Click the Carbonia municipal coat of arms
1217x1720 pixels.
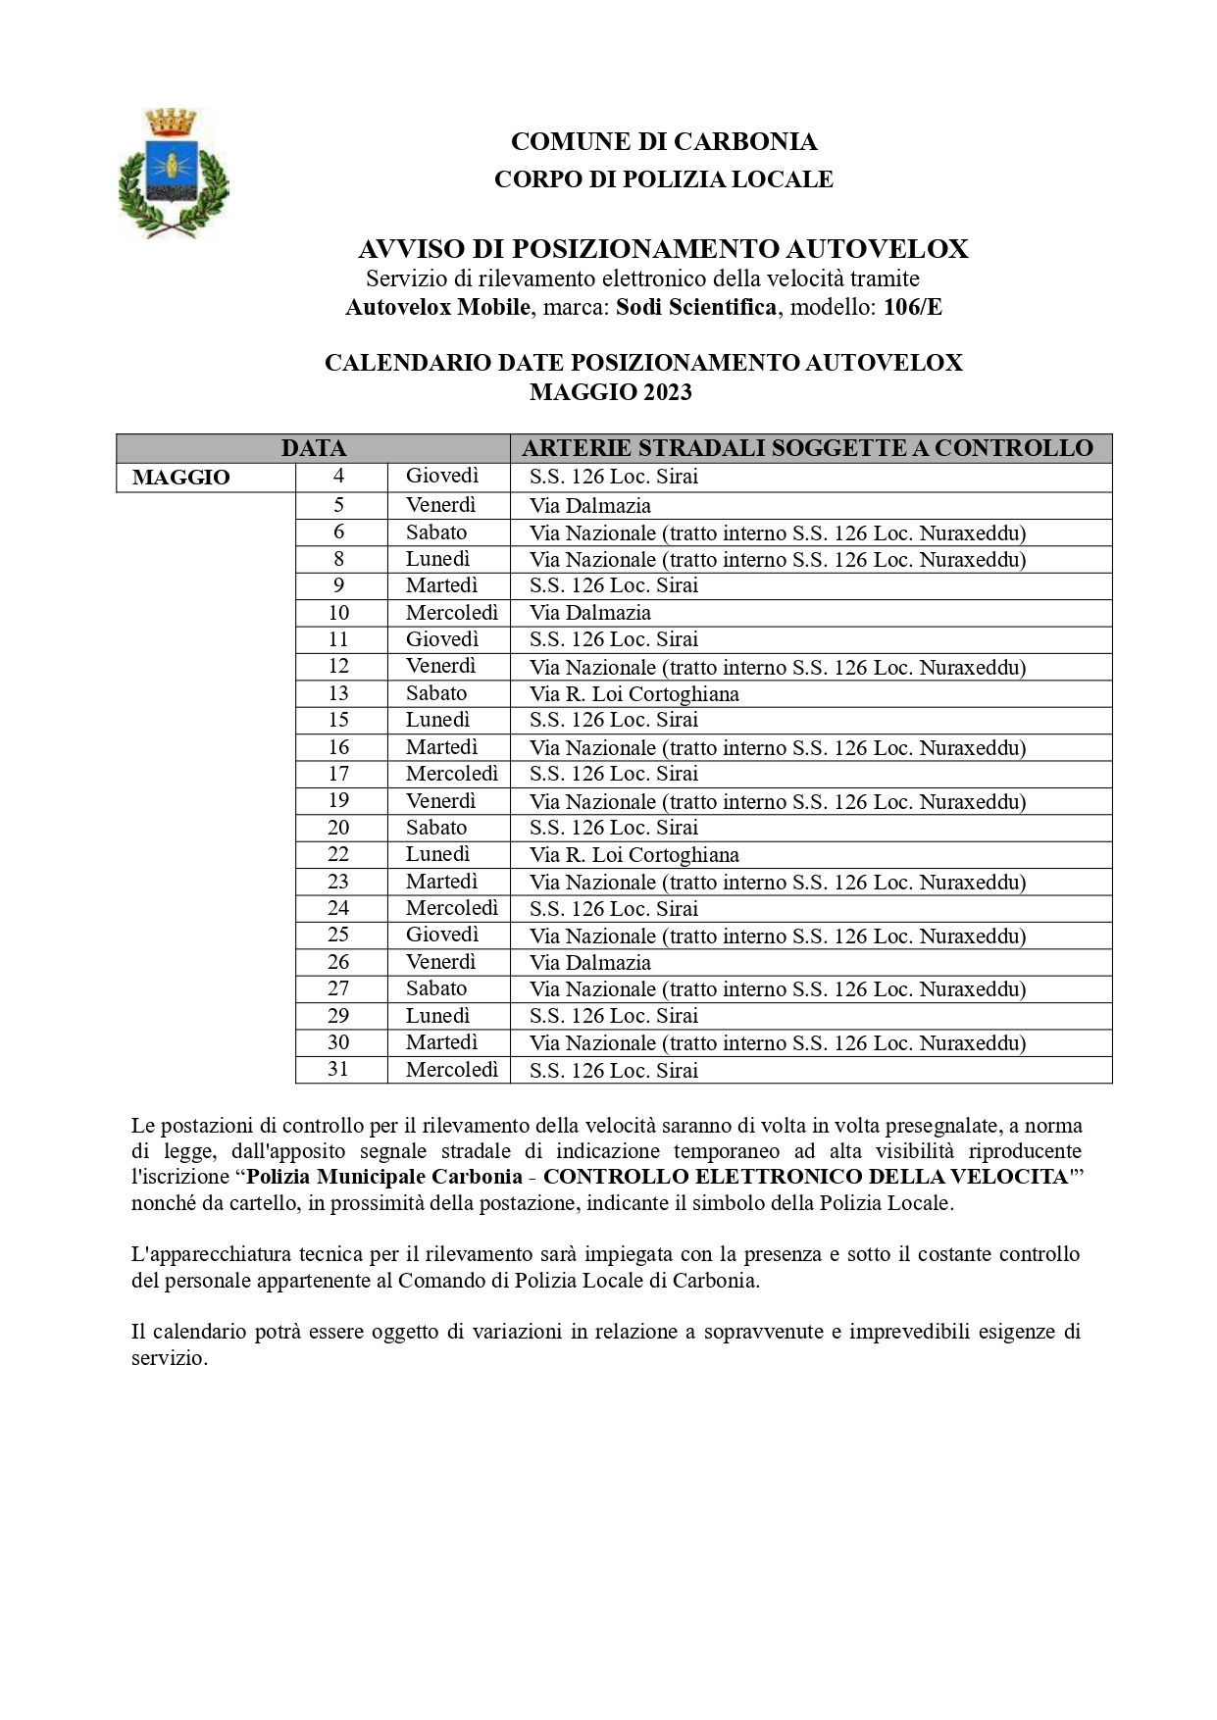coord(173,173)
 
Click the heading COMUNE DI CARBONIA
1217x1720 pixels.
coord(663,142)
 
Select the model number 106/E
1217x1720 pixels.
coord(912,307)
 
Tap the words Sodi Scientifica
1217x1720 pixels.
coord(695,307)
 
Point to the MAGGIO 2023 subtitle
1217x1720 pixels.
coord(610,392)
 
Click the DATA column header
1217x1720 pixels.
coord(313,448)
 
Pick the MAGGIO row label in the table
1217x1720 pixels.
coord(181,478)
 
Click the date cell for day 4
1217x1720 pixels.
coord(338,477)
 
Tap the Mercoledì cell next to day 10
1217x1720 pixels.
coord(452,613)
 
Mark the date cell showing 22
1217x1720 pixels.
coord(338,854)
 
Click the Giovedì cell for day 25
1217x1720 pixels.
coord(442,935)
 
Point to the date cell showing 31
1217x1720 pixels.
coord(338,1069)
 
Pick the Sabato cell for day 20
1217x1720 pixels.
coord(436,828)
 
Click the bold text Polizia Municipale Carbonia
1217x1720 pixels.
coord(383,1177)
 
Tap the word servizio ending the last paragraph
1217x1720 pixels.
coord(169,1359)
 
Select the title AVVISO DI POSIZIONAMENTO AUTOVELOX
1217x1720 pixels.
coord(663,249)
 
